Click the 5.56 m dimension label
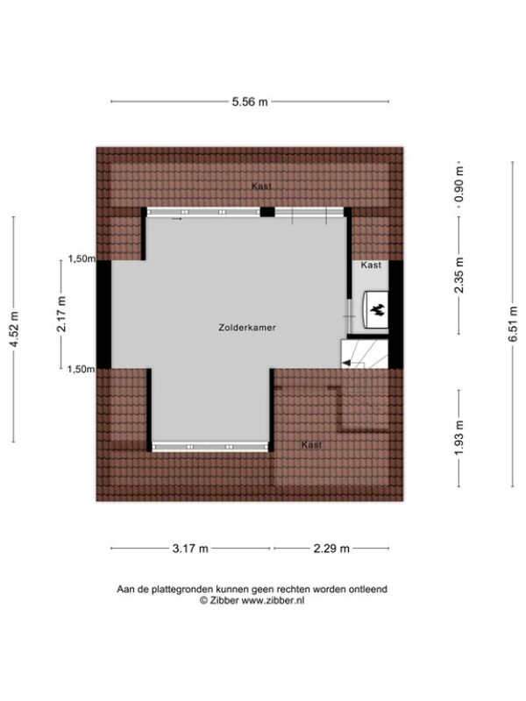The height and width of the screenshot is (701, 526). [x=250, y=102]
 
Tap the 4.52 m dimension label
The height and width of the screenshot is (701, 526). [x=15, y=329]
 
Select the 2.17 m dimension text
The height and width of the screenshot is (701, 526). [x=61, y=314]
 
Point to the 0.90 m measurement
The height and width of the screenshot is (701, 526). [x=458, y=184]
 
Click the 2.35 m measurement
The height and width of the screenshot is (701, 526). [x=458, y=275]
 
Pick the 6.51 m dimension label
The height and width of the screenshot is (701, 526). [x=513, y=324]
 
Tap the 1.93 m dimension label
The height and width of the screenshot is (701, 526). [x=458, y=438]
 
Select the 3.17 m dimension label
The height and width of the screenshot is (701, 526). [x=190, y=549]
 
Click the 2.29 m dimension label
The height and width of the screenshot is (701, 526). [x=331, y=549]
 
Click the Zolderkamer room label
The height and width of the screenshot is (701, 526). [x=247, y=328]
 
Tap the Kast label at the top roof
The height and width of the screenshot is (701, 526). [x=261, y=187]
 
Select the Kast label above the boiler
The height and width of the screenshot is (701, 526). [x=371, y=266]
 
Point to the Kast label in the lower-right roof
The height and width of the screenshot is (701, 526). [x=312, y=445]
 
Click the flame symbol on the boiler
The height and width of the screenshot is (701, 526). [x=377, y=309]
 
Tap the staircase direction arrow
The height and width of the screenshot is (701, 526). [x=346, y=363]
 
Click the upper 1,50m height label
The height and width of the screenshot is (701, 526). [x=82, y=258]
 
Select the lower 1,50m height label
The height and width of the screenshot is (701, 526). [x=82, y=369]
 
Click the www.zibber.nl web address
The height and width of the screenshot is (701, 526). [x=273, y=601]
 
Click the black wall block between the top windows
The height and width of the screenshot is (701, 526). [x=267, y=212]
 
